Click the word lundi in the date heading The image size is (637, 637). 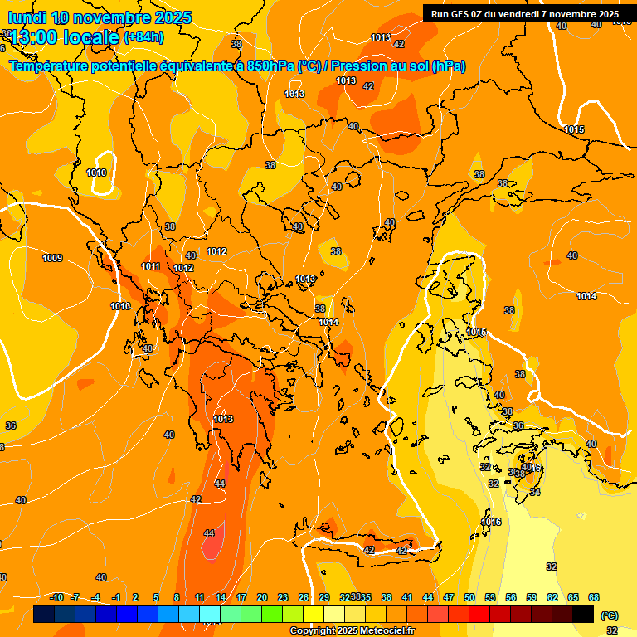tap(28, 17)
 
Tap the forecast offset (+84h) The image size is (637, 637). tap(143, 36)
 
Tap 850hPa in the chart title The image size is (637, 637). tap(270, 66)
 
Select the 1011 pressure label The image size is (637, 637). tap(150, 266)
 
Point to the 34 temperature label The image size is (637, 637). tap(535, 492)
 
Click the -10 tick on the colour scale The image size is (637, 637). tap(57, 597)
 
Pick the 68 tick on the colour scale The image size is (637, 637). tap(594, 597)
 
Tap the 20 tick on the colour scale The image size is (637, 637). tap(262, 597)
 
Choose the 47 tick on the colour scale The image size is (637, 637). tap(449, 597)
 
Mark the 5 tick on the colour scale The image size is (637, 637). tap(157, 597)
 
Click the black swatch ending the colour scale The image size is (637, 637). tap(582, 615)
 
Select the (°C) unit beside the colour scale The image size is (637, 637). tap(610, 615)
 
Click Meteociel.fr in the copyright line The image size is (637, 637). tap(384, 631)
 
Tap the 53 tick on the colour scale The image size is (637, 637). tap(490, 597)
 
